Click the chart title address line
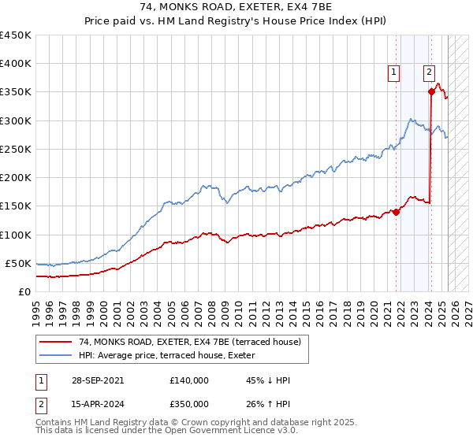click(x=236, y=7)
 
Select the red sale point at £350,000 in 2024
click(x=432, y=91)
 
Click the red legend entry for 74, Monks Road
click(x=189, y=342)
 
